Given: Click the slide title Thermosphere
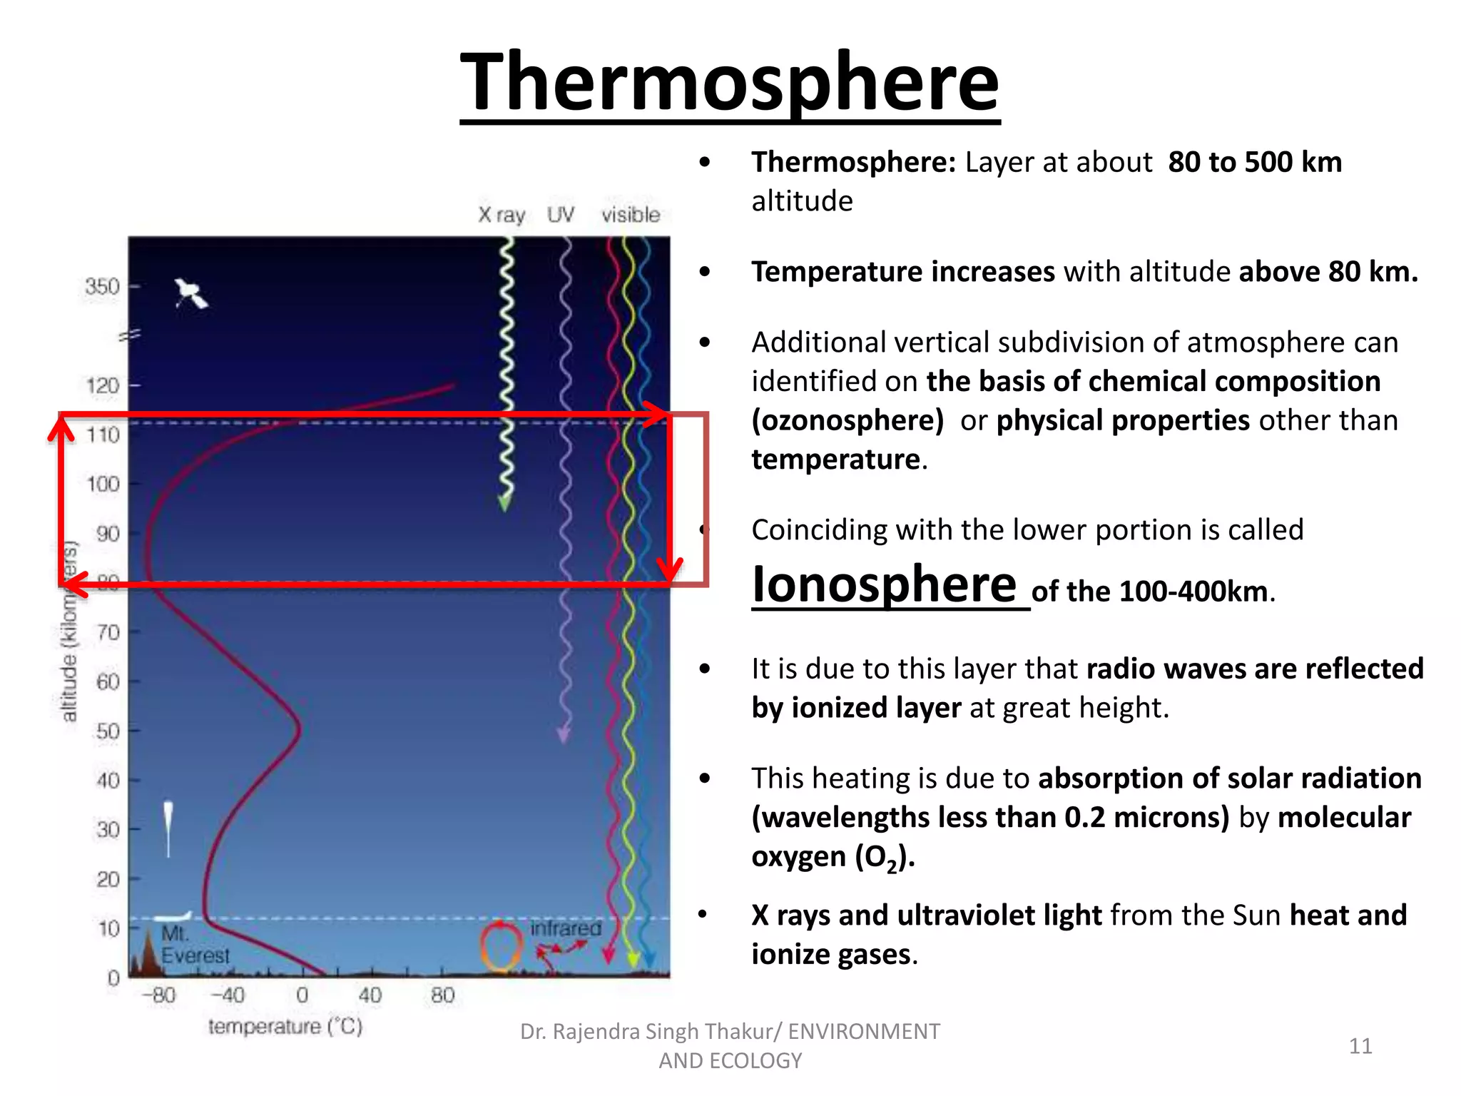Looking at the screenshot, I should pyautogui.click(x=729, y=82).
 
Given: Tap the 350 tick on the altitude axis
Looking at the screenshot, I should pyautogui.click(x=102, y=287).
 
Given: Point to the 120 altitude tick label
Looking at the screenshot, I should pyautogui.click(x=103, y=386).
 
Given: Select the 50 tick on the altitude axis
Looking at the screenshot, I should pyautogui.click(x=108, y=731).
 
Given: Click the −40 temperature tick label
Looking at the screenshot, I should pyautogui.click(x=228, y=995).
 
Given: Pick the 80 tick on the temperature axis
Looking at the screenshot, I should pyautogui.click(x=442, y=995).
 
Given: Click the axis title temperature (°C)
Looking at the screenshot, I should pyautogui.click(x=285, y=1027).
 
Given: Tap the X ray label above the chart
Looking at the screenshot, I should pyautogui.click(x=502, y=215).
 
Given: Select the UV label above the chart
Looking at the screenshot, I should pyautogui.click(x=561, y=215).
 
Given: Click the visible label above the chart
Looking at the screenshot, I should pyautogui.click(x=631, y=215).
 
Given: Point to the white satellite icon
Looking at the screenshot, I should pyautogui.click(x=190, y=293).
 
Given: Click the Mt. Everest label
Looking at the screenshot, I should pyautogui.click(x=194, y=945).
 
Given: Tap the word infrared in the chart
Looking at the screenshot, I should pyautogui.click(x=566, y=928).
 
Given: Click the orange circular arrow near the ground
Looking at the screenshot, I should pyautogui.click(x=501, y=946).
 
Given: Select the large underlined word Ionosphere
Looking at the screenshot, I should pyautogui.click(x=885, y=585).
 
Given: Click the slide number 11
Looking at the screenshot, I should pyautogui.click(x=1360, y=1046).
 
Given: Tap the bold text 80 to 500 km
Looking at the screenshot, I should pyautogui.click(x=1255, y=163).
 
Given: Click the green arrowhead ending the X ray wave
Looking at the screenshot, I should pyautogui.click(x=505, y=503).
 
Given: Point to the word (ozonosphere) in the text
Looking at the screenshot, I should pyautogui.click(x=847, y=420).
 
